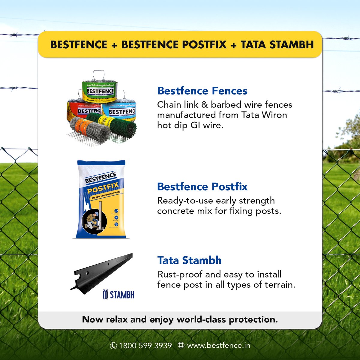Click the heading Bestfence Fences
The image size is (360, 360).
click(x=202, y=91)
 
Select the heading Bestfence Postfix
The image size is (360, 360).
click(x=202, y=187)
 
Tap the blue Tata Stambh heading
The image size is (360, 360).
click(x=189, y=260)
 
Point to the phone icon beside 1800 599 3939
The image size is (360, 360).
click(x=113, y=346)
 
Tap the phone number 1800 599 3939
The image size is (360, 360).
click(x=145, y=346)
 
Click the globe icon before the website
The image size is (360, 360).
click(x=181, y=345)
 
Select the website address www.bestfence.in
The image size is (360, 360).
click(x=218, y=346)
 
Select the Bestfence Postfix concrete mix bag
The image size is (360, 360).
click(x=101, y=199)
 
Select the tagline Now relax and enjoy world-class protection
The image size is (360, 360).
click(x=180, y=319)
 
